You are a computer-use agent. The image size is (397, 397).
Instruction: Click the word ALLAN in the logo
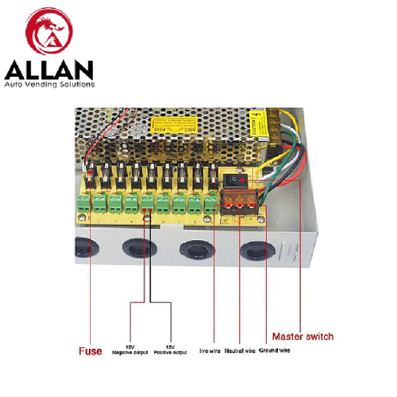coord(49,70)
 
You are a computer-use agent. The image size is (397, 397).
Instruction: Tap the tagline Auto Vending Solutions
coord(49,84)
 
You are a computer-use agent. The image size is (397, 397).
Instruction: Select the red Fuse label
coord(90,351)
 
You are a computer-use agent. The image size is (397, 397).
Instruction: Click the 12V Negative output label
coord(130,350)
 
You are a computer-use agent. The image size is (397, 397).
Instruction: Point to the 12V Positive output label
coord(170,350)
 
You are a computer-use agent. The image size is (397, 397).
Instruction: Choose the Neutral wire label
coord(240,351)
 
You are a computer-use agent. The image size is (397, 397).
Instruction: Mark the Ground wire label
coord(274,351)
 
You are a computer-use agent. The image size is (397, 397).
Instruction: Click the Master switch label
coord(303,336)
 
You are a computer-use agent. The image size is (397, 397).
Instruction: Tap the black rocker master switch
coord(237,180)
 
